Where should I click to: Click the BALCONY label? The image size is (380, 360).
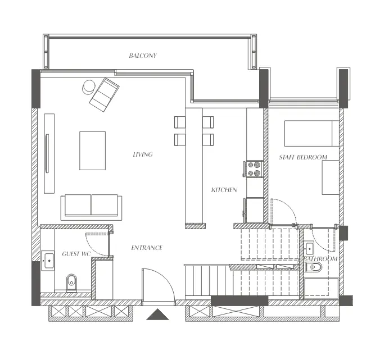tap(142, 56)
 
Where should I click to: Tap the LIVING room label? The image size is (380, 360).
tap(142, 154)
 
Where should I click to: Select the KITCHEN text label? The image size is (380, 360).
tap(224, 190)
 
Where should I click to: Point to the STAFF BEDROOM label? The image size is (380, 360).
tap(303, 157)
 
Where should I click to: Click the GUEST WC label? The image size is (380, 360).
tap(77, 253)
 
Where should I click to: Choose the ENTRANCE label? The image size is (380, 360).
tap(147, 248)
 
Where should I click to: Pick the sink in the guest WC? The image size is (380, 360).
tap(49, 260)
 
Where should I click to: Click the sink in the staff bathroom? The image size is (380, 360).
tap(309, 247)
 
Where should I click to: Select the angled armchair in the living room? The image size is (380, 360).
tap(105, 94)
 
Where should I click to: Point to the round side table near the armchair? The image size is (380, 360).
tap(89, 86)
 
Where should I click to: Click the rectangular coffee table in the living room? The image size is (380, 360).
tap(92, 150)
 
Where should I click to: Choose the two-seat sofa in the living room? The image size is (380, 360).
tap(92, 206)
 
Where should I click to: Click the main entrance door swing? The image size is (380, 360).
tap(157, 285)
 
